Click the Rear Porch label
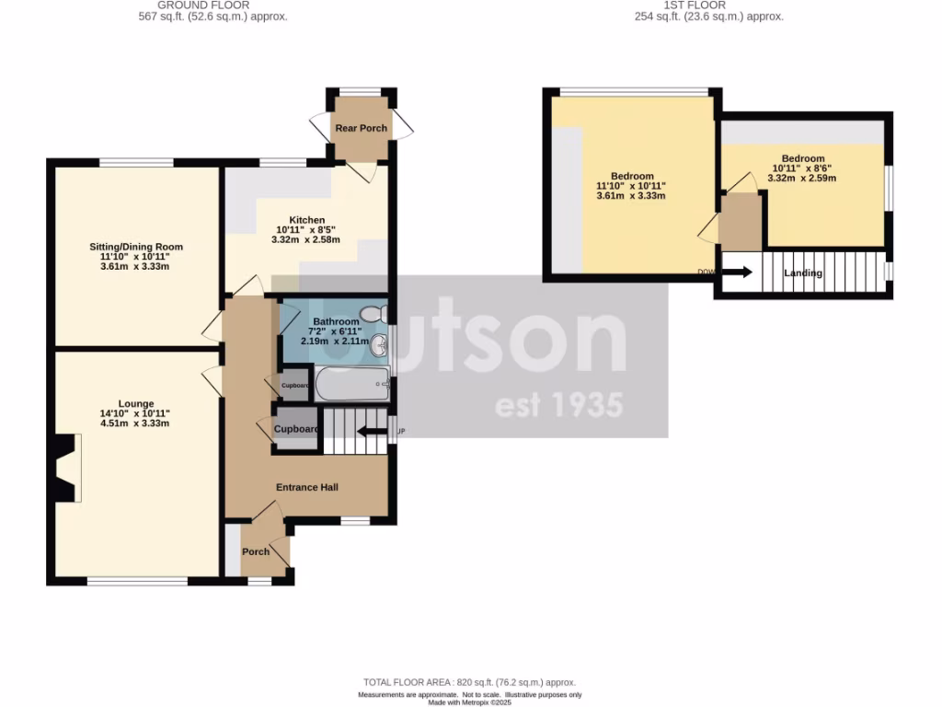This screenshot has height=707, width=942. [x=362, y=128]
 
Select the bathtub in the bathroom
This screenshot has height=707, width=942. [x=351, y=385]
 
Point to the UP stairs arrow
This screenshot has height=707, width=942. [x=373, y=431]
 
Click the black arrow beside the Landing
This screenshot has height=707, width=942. [x=736, y=272]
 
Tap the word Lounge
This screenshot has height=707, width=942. [x=135, y=403]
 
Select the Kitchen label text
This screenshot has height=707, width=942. [x=307, y=220]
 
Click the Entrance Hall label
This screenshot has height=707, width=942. [x=307, y=487]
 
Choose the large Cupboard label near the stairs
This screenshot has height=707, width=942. [x=296, y=429]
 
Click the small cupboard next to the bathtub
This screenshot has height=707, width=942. [x=294, y=386]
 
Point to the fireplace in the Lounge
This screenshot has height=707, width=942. [x=64, y=468]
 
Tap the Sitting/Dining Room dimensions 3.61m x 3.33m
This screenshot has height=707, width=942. [x=136, y=267]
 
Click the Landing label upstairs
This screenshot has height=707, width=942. [x=803, y=273]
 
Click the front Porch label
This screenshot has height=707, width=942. [x=256, y=551]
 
